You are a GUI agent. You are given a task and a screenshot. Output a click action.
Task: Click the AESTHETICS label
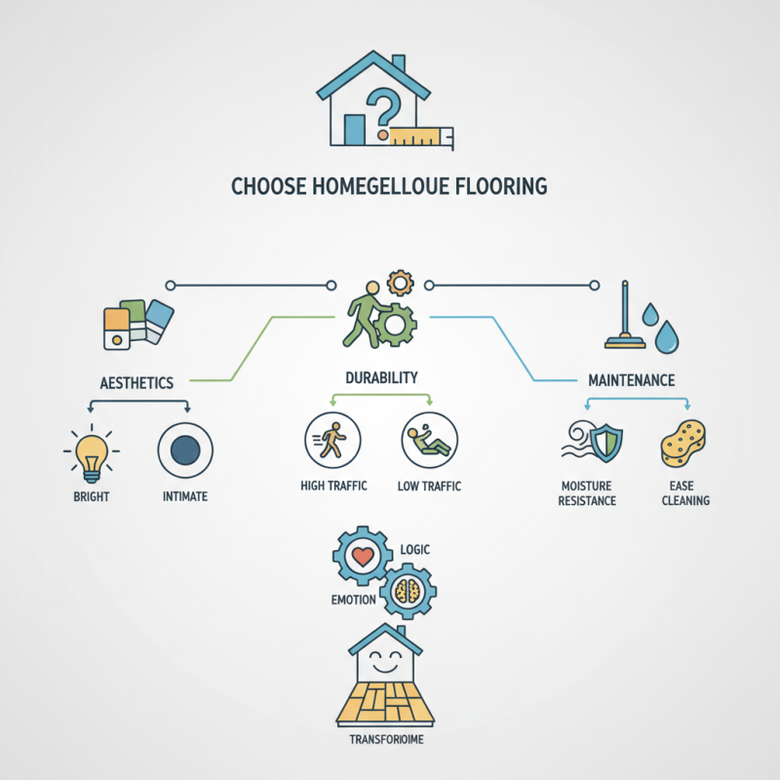pos(137,383)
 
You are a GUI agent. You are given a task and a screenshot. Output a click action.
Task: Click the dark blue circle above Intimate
pos(185,450)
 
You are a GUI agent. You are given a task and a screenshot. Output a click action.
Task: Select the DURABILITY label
pos(381,376)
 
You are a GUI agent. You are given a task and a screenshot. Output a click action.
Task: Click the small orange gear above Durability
pos(401,284)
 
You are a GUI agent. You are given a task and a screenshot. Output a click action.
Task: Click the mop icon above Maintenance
pos(624,317)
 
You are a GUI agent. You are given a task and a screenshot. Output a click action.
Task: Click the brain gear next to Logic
pos(408,590)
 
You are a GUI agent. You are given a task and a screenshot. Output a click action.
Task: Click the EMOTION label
pos(353,600)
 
